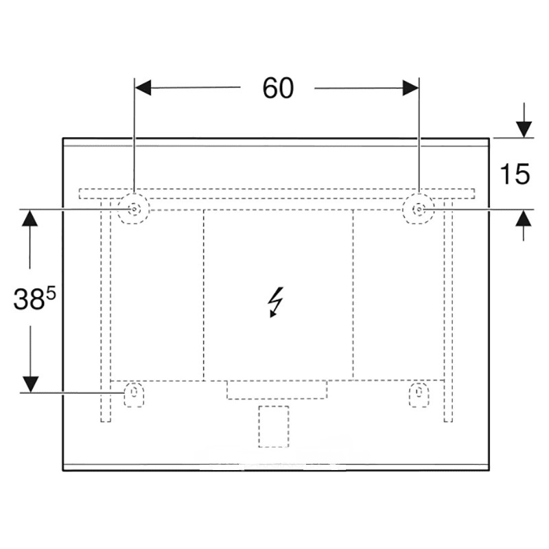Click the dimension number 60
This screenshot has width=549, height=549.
point(277,88)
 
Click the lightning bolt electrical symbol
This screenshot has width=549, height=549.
point(276,303)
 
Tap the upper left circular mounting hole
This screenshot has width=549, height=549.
point(132,209)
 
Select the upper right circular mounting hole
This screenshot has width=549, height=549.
point(418,208)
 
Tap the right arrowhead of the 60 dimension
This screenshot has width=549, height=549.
point(410,88)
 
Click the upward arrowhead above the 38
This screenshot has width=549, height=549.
point(30,218)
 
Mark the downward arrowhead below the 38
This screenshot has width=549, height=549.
point(30,384)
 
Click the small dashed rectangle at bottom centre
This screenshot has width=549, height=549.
point(274,425)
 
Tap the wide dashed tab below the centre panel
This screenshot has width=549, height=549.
point(277,389)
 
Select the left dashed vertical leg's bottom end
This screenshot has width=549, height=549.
point(105,419)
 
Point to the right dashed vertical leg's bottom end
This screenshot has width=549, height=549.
point(449,419)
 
